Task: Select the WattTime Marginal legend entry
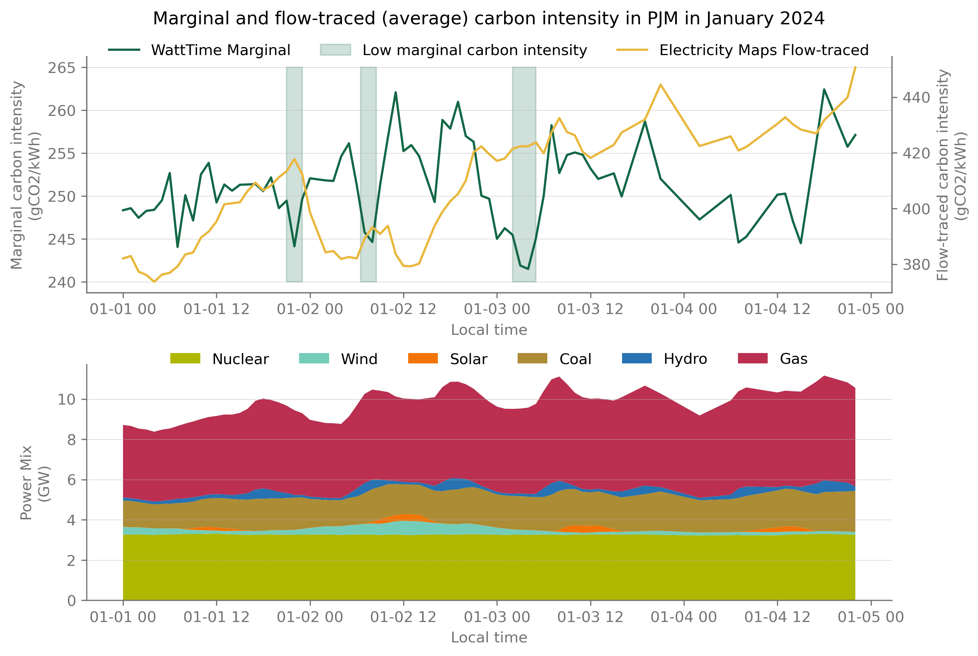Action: (x=199, y=50)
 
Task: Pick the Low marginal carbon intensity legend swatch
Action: (x=335, y=50)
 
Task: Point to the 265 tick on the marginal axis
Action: (x=62, y=68)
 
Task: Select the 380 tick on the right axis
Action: (x=916, y=264)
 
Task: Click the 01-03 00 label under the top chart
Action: (x=497, y=309)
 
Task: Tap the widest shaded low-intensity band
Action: (x=524, y=174)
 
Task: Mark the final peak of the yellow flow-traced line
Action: (x=855, y=67)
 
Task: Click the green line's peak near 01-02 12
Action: (x=395, y=92)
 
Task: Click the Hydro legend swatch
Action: (x=637, y=358)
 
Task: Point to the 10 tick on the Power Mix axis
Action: (x=67, y=400)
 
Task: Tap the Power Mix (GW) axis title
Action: (x=35, y=483)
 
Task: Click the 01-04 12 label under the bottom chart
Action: (x=777, y=617)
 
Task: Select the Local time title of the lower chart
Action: (x=489, y=638)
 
